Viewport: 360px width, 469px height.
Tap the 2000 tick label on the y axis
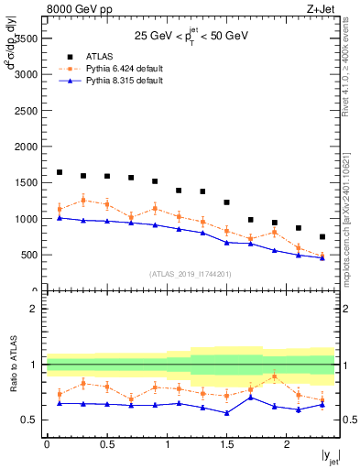point(24,147)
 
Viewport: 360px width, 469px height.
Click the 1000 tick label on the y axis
point(24,219)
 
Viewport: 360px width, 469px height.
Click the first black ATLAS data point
point(60,172)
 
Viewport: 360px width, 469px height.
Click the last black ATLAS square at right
point(322,236)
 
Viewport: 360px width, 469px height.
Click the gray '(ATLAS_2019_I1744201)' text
point(191,274)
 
